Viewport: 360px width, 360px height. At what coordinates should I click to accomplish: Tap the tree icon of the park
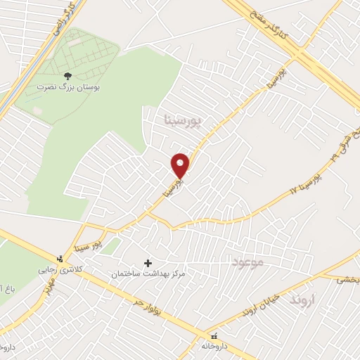67,75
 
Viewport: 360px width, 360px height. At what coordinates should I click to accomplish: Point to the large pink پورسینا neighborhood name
182,120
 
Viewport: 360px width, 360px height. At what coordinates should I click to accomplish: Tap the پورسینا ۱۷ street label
304,181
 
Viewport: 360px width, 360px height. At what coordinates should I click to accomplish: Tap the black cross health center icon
148,263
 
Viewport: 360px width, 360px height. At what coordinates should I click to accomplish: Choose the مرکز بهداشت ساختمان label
148,273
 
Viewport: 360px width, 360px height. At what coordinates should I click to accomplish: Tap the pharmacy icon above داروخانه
214,336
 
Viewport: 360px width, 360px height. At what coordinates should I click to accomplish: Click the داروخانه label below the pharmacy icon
214,346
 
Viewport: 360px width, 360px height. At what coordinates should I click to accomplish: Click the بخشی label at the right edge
347,279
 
